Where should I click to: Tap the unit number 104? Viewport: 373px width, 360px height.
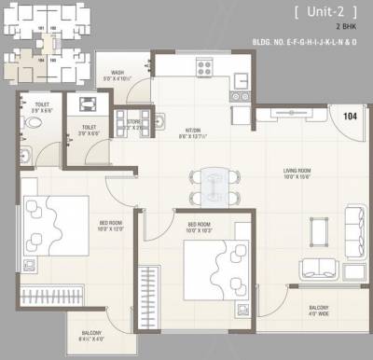click(350, 117)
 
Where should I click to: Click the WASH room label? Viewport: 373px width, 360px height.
click(118, 75)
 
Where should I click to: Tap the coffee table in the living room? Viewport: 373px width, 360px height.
click(318, 228)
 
